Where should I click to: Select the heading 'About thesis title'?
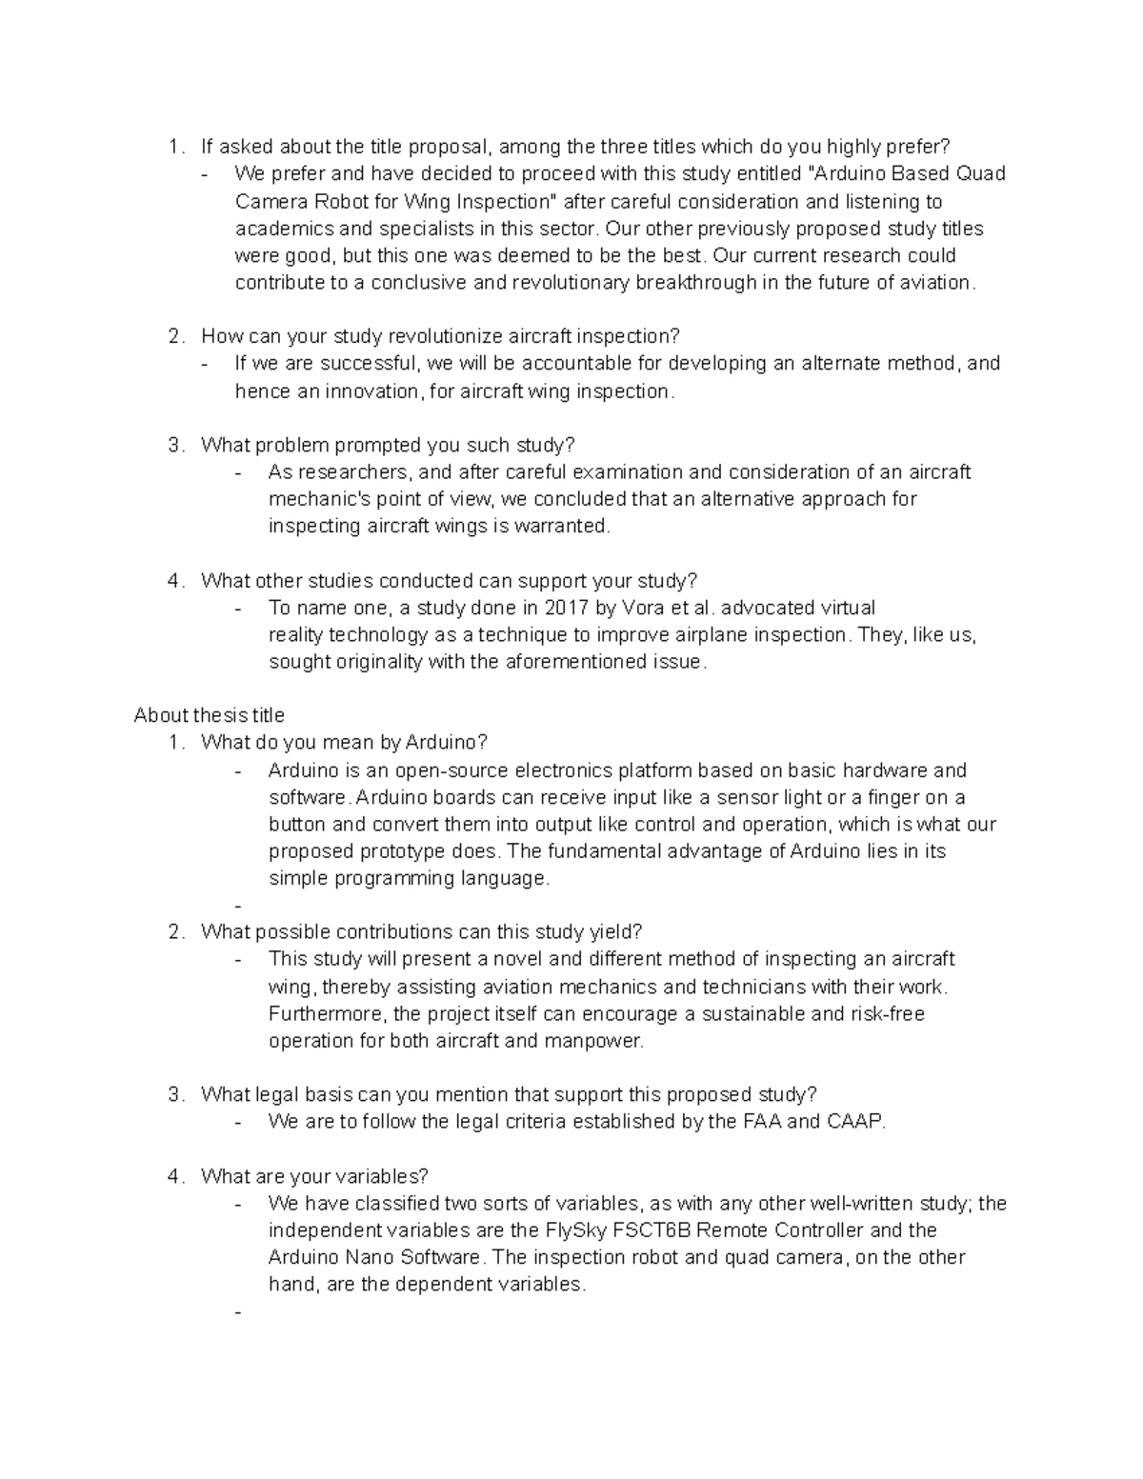(210, 715)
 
